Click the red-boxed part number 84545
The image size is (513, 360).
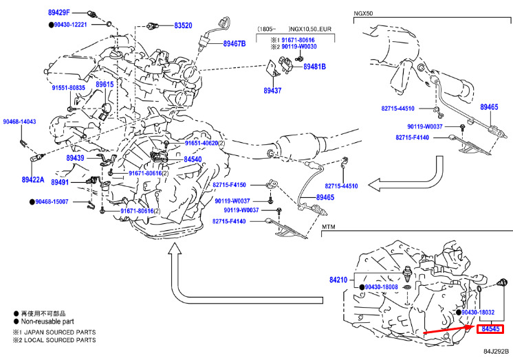coord(490,329)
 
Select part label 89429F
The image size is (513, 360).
coord(59,13)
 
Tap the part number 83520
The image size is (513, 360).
coord(183,25)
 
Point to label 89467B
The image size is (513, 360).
coord(234,43)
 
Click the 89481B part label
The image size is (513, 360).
coord(314,67)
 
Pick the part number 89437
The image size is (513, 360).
coord(272,91)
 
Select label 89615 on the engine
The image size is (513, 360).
coord(105,85)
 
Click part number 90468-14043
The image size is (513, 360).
coord(20,122)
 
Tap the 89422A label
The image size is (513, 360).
coord(33,179)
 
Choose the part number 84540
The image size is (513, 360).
coord(193,159)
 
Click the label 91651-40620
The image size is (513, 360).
coord(201,143)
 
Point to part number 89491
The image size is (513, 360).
coord(60,182)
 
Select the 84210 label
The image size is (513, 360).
coord(338,280)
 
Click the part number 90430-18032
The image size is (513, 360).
coord(478,313)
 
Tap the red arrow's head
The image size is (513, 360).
coord(472,326)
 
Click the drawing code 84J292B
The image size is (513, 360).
coord(496,352)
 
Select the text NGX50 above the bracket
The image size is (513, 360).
coord(363,14)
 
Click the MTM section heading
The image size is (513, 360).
coord(329,227)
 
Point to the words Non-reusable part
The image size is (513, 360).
coord(47,322)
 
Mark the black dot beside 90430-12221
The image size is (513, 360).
coord(52,25)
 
